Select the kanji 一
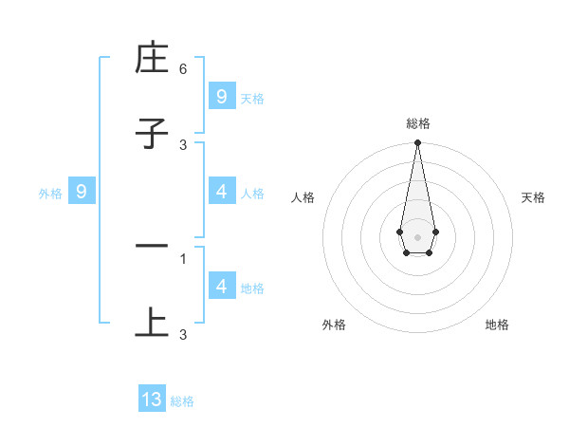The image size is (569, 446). (x=152, y=247)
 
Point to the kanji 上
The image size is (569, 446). (x=152, y=322)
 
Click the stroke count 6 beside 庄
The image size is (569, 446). (x=183, y=69)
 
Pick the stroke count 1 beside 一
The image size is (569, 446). (x=183, y=258)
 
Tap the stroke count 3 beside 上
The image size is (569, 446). (x=183, y=334)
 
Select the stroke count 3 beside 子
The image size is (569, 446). (x=183, y=144)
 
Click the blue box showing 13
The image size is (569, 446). (x=152, y=400)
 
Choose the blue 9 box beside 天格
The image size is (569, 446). (x=221, y=97)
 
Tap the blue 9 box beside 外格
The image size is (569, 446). (x=82, y=192)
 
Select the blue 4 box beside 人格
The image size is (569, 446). (x=221, y=192)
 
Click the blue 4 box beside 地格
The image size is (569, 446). (x=221, y=287)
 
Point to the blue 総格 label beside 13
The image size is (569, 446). (x=182, y=401)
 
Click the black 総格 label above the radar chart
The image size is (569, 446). (x=417, y=123)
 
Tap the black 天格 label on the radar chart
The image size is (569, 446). (x=533, y=197)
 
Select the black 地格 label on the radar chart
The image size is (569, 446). (x=497, y=325)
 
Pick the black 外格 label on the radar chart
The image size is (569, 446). (x=334, y=325)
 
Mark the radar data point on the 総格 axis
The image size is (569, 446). (x=417, y=143)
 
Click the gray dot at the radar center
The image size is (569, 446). (x=417, y=236)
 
